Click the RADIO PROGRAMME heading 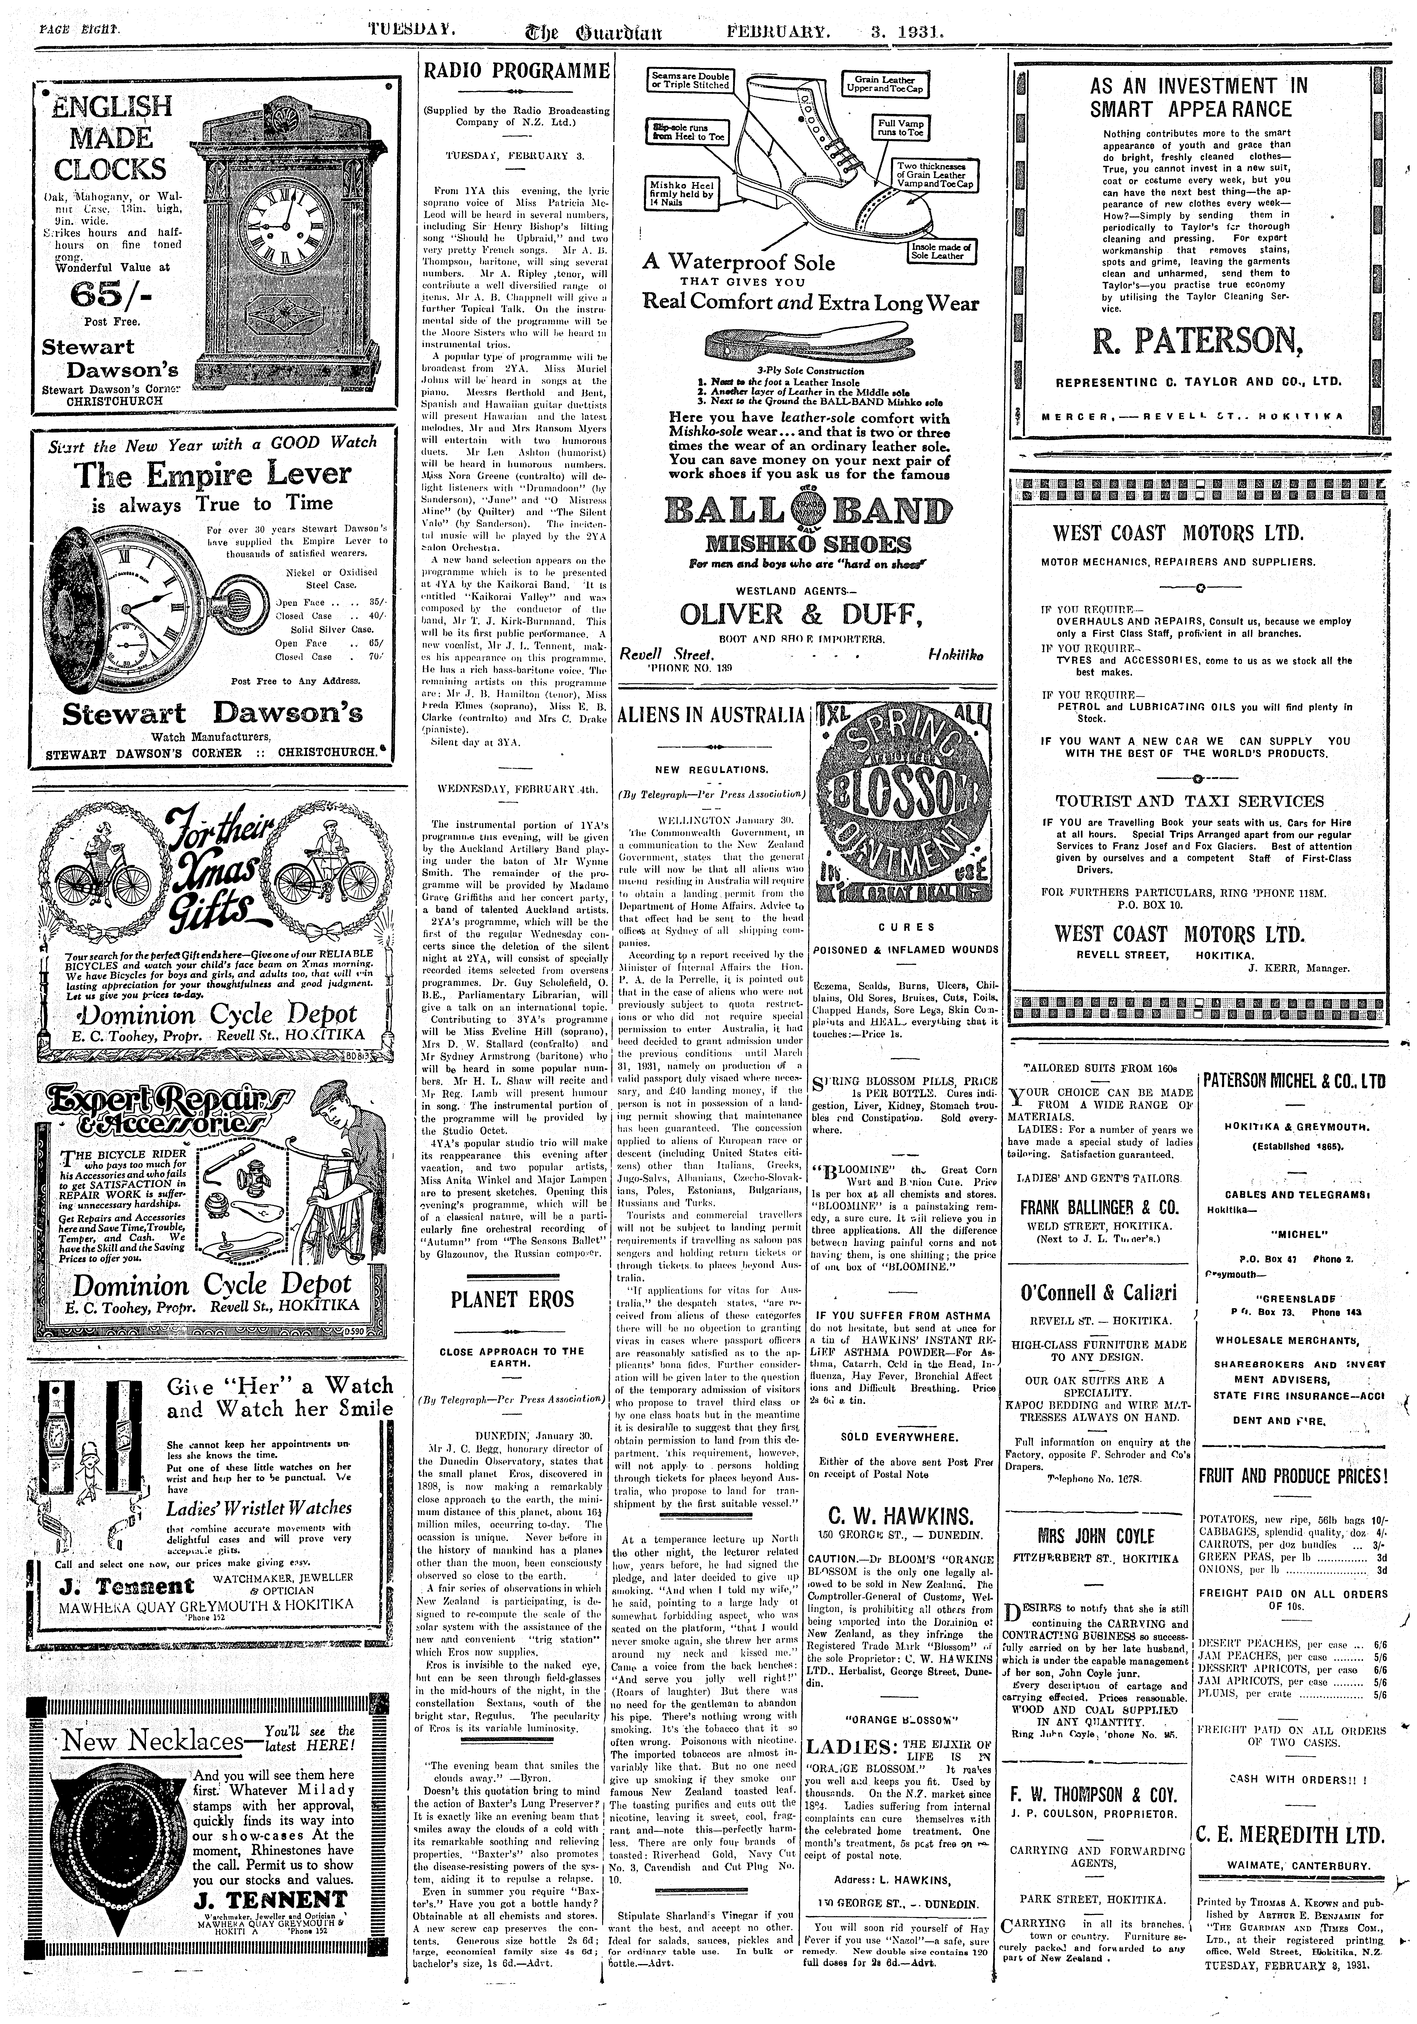pos(516,71)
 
